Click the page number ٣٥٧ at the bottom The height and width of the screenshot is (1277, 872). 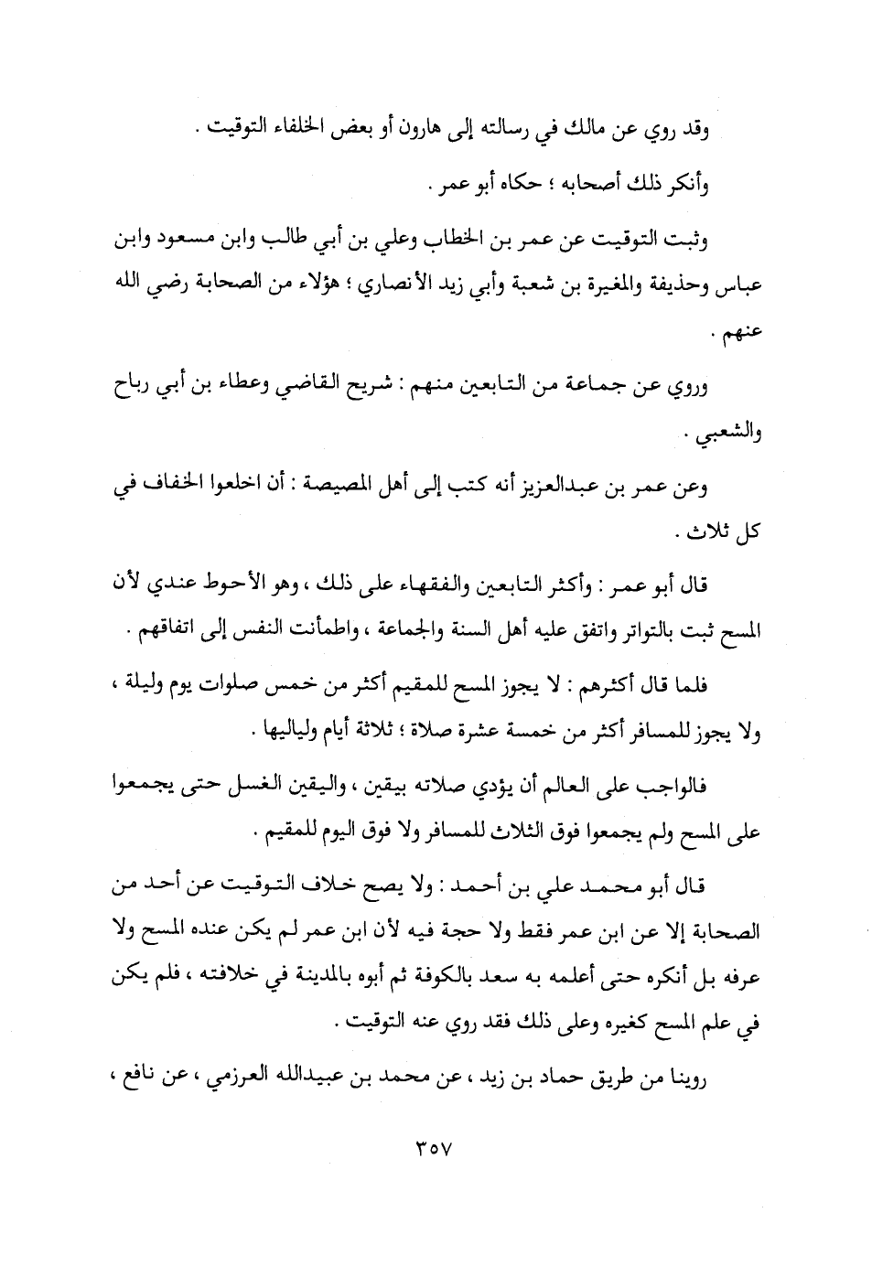tap(436, 1144)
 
